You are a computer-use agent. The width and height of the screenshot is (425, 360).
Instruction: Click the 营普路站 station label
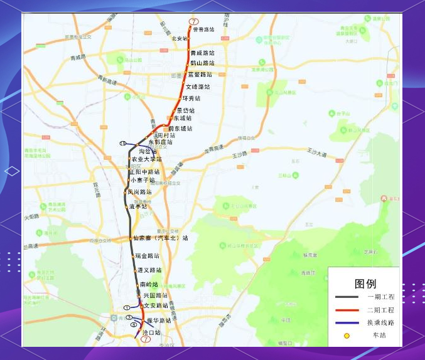tap(203, 29)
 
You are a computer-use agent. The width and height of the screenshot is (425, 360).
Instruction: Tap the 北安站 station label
tap(180, 39)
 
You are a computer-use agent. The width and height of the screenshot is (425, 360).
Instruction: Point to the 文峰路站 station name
tap(198, 87)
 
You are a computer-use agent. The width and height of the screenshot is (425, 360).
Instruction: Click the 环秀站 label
tap(191, 98)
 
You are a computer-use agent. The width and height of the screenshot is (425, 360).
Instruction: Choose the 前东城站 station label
tap(180, 129)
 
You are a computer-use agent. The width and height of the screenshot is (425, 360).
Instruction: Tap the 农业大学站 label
tap(146, 159)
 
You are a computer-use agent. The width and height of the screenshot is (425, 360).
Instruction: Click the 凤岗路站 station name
tap(140, 192)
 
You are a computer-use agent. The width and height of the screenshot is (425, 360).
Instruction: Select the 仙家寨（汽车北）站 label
tap(161, 238)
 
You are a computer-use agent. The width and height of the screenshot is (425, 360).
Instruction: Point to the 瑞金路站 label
tap(147, 256)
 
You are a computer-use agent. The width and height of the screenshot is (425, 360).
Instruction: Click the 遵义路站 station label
tap(149, 270)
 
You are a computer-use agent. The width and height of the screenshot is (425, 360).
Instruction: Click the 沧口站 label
tap(152, 332)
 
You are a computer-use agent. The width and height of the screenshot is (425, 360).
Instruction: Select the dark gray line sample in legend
tap(347, 297)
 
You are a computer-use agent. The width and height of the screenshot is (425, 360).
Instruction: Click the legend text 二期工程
tap(380, 310)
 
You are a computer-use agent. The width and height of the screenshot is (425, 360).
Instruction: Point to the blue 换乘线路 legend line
tap(347, 323)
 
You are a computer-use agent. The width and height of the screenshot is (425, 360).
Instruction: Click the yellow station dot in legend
tap(347, 336)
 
